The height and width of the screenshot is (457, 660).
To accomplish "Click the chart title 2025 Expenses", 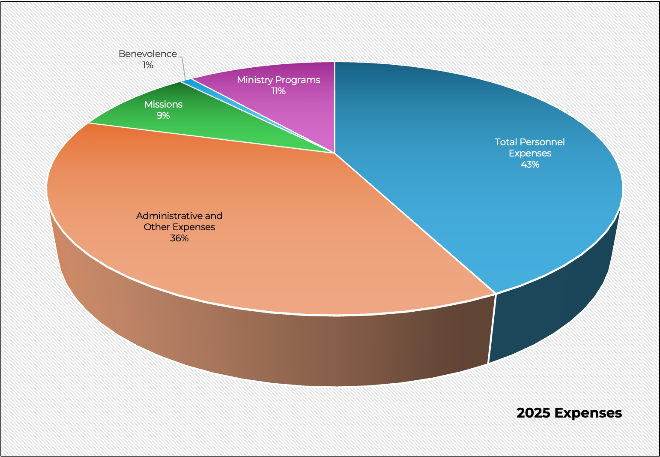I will pos(569,413).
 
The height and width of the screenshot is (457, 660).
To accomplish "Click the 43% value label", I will pos(530,165).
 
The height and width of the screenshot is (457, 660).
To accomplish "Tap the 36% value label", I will pos(179,238).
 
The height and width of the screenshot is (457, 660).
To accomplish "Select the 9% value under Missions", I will pos(163,116).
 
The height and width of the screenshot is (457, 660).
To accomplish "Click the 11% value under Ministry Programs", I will pos(278,91).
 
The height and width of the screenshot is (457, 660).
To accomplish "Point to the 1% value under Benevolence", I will pos(148,65).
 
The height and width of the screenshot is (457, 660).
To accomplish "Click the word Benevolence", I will pos(147,54).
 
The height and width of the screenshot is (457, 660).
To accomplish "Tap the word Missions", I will pos(163,105).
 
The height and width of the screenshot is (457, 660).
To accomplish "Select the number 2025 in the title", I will pos(533,413).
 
